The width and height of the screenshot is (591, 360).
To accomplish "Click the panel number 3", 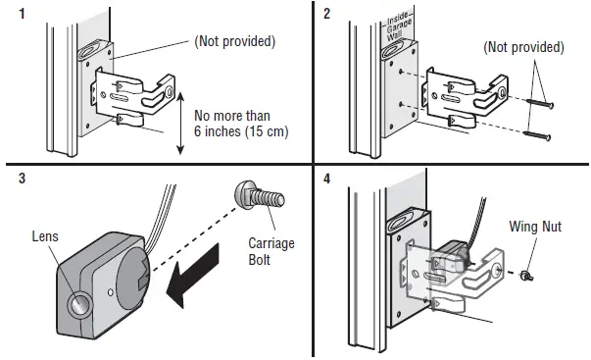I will coord(9,180).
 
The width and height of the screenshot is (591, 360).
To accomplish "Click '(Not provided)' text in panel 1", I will coord(234,43).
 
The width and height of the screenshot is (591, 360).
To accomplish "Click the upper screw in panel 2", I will coord(540,102).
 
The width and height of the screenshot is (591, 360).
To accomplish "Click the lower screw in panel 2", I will coord(540,134).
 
